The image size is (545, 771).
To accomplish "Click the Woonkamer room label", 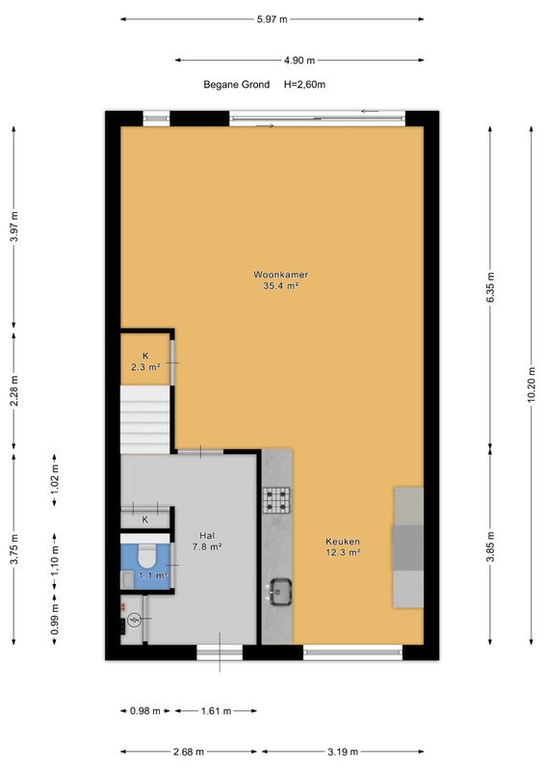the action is [x=280, y=279].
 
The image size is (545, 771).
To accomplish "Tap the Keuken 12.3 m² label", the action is [x=343, y=546].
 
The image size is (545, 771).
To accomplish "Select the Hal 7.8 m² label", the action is [x=207, y=541].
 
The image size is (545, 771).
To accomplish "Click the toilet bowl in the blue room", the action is [x=146, y=555].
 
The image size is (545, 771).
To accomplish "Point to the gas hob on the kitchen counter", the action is [x=276, y=499].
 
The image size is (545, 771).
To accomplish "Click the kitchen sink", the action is [x=278, y=591].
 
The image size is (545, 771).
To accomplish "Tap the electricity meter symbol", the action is [x=134, y=620].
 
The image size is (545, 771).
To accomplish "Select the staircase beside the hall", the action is [x=145, y=419].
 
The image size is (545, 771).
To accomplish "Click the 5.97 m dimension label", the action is [x=272, y=19].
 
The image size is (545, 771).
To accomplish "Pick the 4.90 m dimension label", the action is [x=299, y=61].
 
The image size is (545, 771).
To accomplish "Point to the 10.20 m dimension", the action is [x=532, y=385].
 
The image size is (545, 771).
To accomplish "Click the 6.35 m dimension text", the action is [x=490, y=287].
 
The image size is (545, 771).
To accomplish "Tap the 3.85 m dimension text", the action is [x=490, y=546].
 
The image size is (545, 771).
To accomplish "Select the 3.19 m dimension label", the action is [x=343, y=752].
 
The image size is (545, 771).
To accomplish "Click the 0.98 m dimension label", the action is [x=145, y=711].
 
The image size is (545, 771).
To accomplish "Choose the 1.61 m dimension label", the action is [x=216, y=711].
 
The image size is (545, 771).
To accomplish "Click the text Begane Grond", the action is [x=236, y=85].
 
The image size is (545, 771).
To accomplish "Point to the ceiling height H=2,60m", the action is [x=304, y=85].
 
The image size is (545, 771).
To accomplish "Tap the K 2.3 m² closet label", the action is [x=145, y=361].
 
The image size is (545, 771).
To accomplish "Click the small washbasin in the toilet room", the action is [x=127, y=579].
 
